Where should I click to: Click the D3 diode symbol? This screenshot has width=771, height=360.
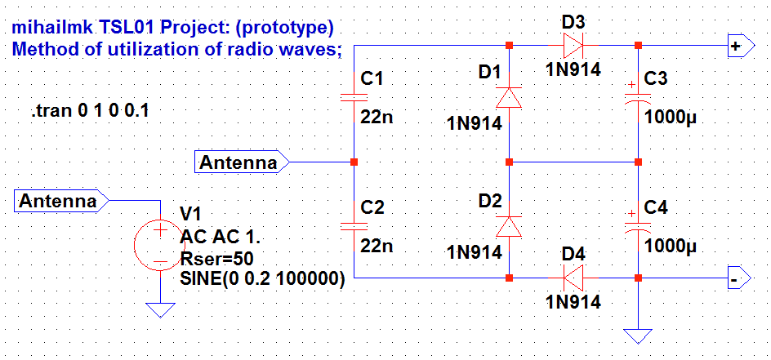pos(573,44)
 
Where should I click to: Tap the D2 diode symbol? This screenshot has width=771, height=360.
pos(510,225)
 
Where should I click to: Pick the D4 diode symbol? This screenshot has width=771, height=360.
pos(573,278)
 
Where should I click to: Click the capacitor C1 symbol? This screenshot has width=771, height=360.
pos(354,97)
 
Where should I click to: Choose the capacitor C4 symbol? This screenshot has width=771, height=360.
pos(638,225)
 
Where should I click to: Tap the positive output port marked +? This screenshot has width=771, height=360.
pos(738,46)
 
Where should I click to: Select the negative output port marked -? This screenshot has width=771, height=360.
pos(738,278)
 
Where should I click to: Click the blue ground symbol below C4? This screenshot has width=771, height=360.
pos(638,335)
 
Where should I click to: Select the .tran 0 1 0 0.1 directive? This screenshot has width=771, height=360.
pos(90,111)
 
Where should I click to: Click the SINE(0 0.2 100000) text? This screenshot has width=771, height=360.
pos(262,278)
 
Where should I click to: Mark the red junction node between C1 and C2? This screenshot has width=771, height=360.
pos(354,162)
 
